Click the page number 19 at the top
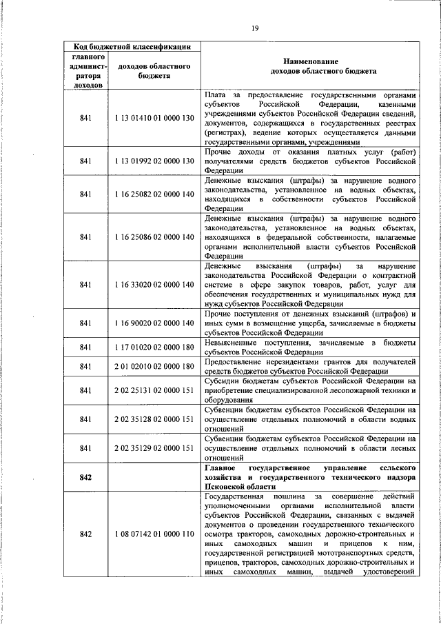pos(255,28)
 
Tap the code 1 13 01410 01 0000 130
pos(154,118)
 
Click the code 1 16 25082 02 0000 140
pos(154,194)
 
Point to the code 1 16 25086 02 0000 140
pos(154,236)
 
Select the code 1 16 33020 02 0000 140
pos(154,284)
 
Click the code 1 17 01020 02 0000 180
pos(154,347)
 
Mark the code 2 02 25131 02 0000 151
pos(154,390)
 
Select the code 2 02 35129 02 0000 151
pos(154,447)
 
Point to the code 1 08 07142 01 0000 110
pos(154,534)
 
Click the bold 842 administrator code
pos(85,476)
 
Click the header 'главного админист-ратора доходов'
pos(85,70)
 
